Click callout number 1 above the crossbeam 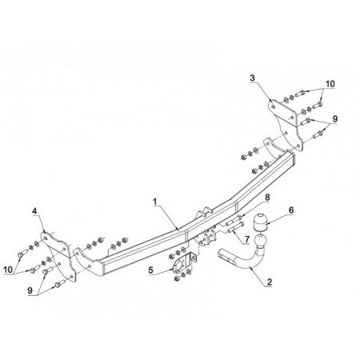pyautogui.click(x=155, y=202)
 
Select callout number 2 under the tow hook pyautogui.click(x=270, y=282)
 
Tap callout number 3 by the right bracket pyautogui.click(x=252, y=78)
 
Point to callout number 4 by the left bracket pyautogui.click(x=34, y=211)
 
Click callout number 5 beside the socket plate pyautogui.click(x=151, y=270)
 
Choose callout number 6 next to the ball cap pyautogui.click(x=291, y=210)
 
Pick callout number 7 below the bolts pyautogui.click(x=247, y=238)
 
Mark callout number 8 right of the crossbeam pyautogui.click(x=267, y=198)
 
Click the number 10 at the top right pyautogui.click(x=330, y=84)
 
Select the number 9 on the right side pyautogui.click(x=334, y=119)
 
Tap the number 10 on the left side pyautogui.click(x=8, y=270)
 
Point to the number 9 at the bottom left pyautogui.click(x=30, y=290)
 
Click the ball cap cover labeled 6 pyautogui.click(x=259, y=222)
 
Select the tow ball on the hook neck pyautogui.click(x=261, y=242)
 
